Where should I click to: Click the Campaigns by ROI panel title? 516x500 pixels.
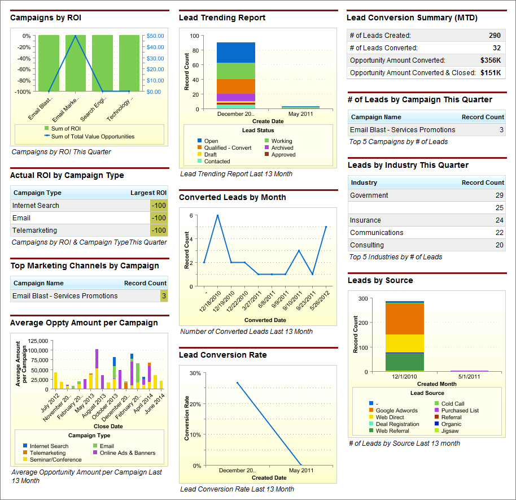(46, 18)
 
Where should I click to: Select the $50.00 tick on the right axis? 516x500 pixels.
(155, 36)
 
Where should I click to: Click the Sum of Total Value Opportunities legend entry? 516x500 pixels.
(93, 136)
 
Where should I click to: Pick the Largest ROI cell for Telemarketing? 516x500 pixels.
(159, 231)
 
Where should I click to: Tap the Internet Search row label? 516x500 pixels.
(36, 206)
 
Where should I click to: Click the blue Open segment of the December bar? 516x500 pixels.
(235, 53)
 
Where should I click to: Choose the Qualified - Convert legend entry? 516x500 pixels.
(228, 148)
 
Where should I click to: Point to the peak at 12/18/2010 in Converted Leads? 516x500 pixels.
(217, 215)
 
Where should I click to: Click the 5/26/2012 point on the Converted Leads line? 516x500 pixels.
(326, 227)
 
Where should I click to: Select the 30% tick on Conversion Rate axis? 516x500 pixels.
(195, 373)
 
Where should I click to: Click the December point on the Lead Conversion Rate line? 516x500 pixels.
(237, 382)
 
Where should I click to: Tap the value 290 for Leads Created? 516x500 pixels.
(495, 36)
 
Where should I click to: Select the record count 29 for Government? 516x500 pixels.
(499, 195)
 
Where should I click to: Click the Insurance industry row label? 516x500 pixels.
(365, 220)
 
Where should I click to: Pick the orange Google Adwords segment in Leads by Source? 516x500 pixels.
(404, 319)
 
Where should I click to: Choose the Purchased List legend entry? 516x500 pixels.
(460, 411)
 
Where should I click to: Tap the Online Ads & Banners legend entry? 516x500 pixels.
(128, 453)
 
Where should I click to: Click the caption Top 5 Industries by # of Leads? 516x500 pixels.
(395, 257)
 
